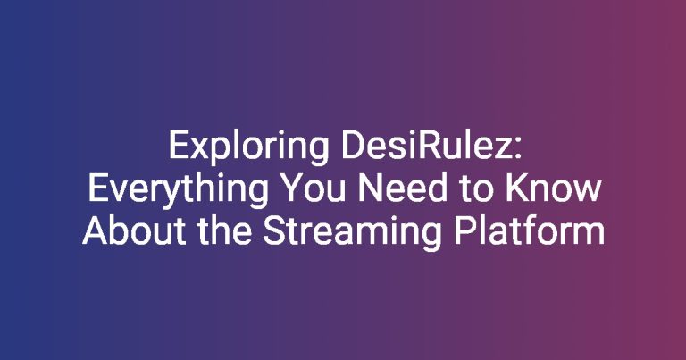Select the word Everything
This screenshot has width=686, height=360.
point(178,190)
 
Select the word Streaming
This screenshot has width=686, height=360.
point(352,233)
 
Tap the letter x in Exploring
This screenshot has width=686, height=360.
point(198,149)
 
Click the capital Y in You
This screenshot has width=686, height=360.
point(291,188)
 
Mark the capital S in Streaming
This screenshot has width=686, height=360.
point(273,231)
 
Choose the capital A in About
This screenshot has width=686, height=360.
point(95,231)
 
